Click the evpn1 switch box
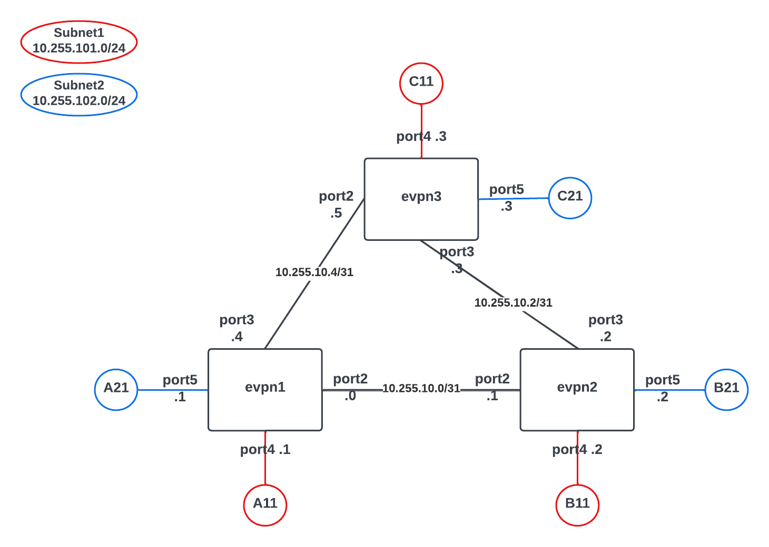pyautogui.click(x=265, y=389)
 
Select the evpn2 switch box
pyautogui.click(x=577, y=389)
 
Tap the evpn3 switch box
pyautogui.click(x=421, y=199)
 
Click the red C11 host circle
pyautogui.click(x=421, y=83)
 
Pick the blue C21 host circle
pyautogui.click(x=570, y=198)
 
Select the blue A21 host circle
pyautogui.click(x=116, y=389)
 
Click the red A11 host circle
pyautogui.click(x=265, y=504)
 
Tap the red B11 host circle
pyautogui.click(x=577, y=504)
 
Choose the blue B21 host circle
pyautogui.click(x=726, y=389)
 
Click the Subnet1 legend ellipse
pyautogui.click(x=79, y=42)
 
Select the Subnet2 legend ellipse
pyautogui.click(x=79, y=94)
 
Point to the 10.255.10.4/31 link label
pyautogui.click(x=314, y=272)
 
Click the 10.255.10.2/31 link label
pyautogui.click(x=513, y=303)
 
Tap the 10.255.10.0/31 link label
pyautogui.click(x=421, y=389)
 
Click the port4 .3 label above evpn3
pyautogui.click(x=421, y=137)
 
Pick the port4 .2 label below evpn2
pyautogui.click(x=577, y=450)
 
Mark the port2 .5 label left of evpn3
pyautogui.click(x=336, y=204)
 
